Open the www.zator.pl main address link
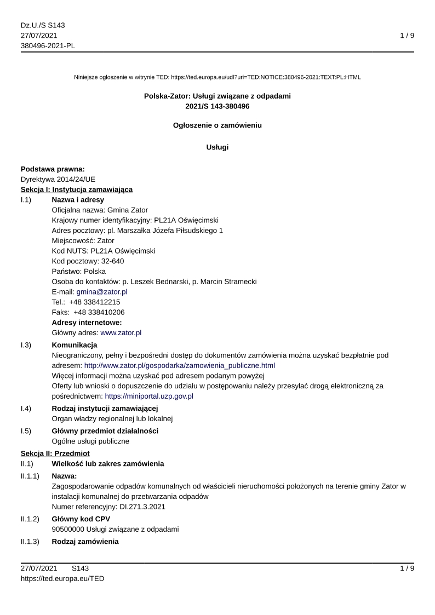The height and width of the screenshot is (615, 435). pyautogui.click(x=121, y=332)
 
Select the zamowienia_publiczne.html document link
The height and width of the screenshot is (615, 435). pyautogui.click(x=179, y=365)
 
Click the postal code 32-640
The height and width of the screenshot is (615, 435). pyautogui.click(x=112, y=261)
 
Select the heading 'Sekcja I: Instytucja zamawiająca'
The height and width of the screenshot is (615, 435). pyautogui.click(x=77, y=189)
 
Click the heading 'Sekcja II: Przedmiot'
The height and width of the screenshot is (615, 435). pyautogui.click(x=55, y=453)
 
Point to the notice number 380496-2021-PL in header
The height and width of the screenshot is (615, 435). pyautogui.click(x=48, y=45)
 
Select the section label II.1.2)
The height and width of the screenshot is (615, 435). pyautogui.click(x=31, y=520)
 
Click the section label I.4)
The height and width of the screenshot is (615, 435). pyautogui.click(x=26, y=409)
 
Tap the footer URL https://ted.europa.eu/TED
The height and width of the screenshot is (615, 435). pyautogui.click(x=62, y=578)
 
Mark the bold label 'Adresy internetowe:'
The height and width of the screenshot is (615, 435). pyautogui.click(x=87, y=323)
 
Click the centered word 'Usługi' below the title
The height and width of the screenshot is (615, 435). pyautogui.click(x=218, y=147)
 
